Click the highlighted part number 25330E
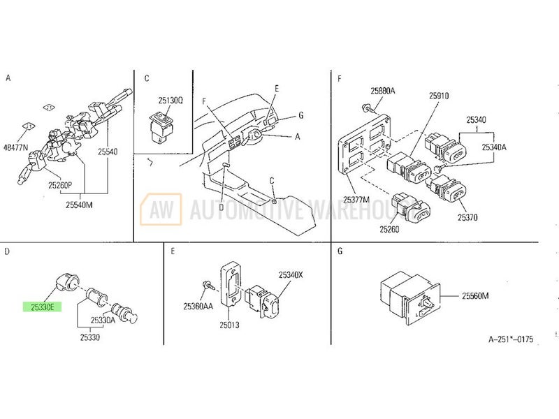pyautogui.click(x=43, y=307)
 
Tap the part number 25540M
pyautogui.click(x=79, y=205)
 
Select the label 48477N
pyautogui.click(x=15, y=147)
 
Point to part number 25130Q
pyautogui.click(x=170, y=101)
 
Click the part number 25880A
pyautogui.click(x=382, y=91)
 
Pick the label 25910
pyautogui.click(x=439, y=96)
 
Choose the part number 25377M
pyautogui.click(x=356, y=200)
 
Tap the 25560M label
pyautogui.click(x=475, y=295)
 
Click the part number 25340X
pyautogui.click(x=291, y=275)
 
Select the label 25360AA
pyautogui.click(x=198, y=306)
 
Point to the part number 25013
pyautogui.click(x=229, y=325)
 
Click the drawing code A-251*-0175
pyautogui.click(x=511, y=339)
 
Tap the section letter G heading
pyautogui.click(x=340, y=251)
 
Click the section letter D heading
pyautogui.click(x=7, y=251)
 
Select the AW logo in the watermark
pyautogui.click(x=161, y=209)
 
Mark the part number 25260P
pyautogui.click(x=60, y=185)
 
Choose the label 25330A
pyautogui.click(x=103, y=320)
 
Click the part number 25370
pyautogui.click(x=467, y=217)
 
